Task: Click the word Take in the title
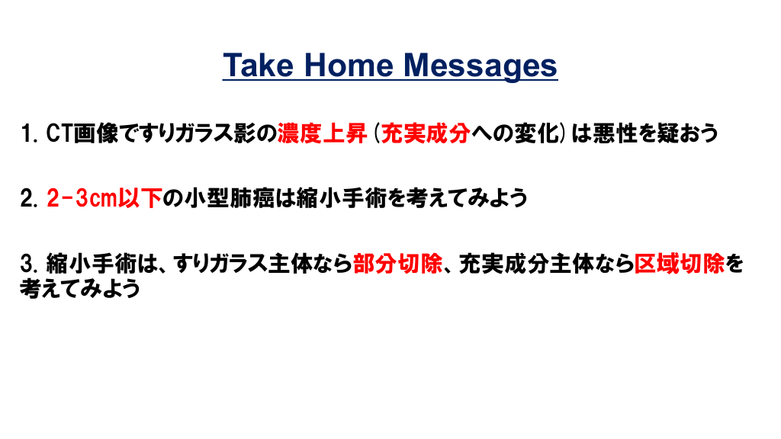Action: [x=258, y=66]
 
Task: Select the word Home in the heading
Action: [x=349, y=66]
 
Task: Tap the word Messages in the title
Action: [x=480, y=67]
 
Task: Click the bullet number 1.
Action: [x=29, y=133]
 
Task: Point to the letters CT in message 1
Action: [x=59, y=133]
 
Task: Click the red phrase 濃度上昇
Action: [x=323, y=133]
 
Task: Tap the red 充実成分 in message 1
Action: [x=425, y=133]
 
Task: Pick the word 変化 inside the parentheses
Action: [x=537, y=133]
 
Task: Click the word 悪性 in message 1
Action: [x=615, y=133]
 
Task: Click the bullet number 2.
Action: [x=29, y=199]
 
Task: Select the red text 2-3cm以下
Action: [x=104, y=199]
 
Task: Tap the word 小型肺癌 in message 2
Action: [x=229, y=199]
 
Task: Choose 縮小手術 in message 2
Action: [x=342, y=199]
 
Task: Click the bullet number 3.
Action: [x=29, y=264]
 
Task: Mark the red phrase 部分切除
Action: [x=397, y=264]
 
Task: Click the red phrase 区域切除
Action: [x=680, y=264]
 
